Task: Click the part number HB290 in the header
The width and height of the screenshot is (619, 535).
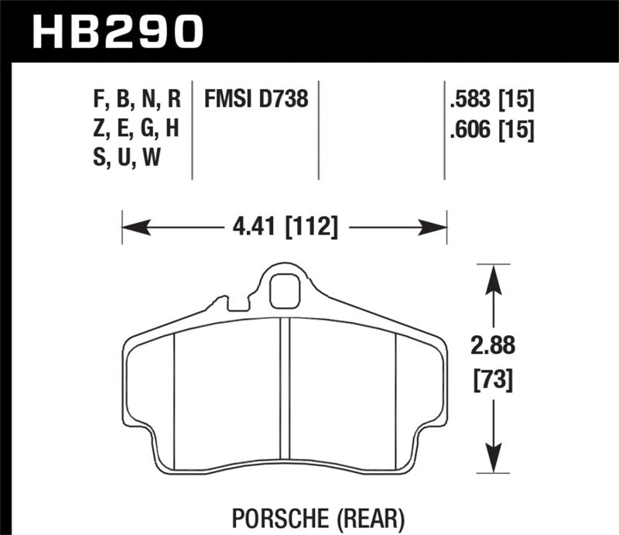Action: coord(116,31)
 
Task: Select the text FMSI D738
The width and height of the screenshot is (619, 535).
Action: coord(256,99)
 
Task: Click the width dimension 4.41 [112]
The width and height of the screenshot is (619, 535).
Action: coord(284,228)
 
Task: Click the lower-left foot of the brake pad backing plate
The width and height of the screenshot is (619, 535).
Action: coord(147,449)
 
